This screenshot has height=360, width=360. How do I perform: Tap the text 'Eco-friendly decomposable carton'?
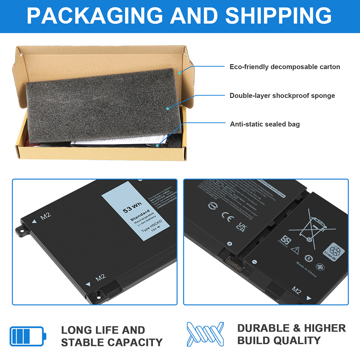pyautogui.click(x=285, y=67)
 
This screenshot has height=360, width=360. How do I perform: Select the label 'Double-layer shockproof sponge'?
pyautogui.click(x=282, y=95)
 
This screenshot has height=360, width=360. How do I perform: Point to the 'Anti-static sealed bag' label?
pyautogui.click(x=265, y=124)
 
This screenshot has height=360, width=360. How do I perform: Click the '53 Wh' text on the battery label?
pyautogui.click(x=132, y=208)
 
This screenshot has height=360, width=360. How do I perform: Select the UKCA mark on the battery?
pyautogui.click(x=240, y=226)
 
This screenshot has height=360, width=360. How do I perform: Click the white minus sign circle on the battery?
pyautogui.click(x=254, y=262)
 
